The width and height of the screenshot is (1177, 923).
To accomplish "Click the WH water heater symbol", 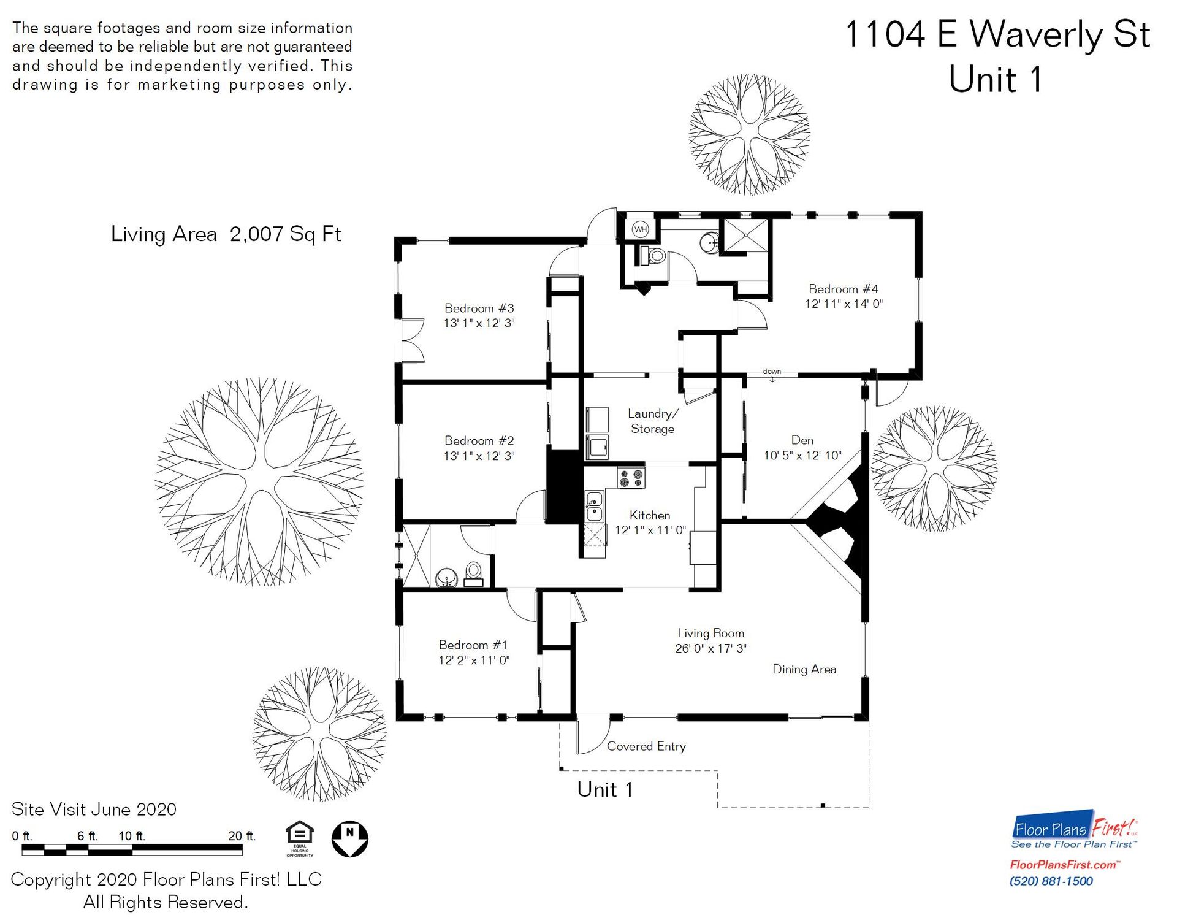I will pyautogui.click(x=640, y=229).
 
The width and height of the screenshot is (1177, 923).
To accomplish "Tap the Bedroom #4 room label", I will pyautogui.click(x=843, y=289).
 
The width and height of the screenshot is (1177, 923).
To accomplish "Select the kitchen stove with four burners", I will pyautogui.click(x=631, y=478).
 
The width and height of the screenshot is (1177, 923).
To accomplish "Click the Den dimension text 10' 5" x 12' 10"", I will pyautogui.click(x=802, y=456).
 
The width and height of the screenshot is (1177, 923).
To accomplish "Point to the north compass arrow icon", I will pyautogui.click(x=349, y=839).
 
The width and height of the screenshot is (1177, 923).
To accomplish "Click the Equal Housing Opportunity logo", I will pyautogui.click(x=300, y=838).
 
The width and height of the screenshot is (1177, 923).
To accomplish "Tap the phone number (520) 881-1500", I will pyautogui.click(x=1051, y=881).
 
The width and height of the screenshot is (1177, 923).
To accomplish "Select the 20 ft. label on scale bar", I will pyautogui.click(x=242, y=836).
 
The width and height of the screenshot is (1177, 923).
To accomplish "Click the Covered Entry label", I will pyautogui.click(x=646, y=746).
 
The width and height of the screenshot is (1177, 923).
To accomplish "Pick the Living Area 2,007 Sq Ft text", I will pyautogui.click(x=226, y=234).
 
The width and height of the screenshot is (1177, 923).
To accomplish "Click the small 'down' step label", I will pyautogui.click(x=772, y=372).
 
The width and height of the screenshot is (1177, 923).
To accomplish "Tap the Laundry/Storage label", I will pyautogui.click(x=652, y=421).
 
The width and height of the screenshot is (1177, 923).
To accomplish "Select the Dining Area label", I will pyautogui.click(x=804, y=669).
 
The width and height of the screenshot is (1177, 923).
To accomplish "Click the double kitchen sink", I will pyautogui.click(x=593, y=507).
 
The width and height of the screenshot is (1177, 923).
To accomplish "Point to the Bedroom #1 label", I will pyautogui.click(x=473, y=645).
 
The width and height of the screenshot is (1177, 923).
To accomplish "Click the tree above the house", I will pyautogui.click(x=749, y=134).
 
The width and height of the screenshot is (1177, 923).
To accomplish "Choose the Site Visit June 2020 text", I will pyautogui.click(x=94, y=810).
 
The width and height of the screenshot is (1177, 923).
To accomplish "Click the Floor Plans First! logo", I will pyautogui.click(x=1074, y=830).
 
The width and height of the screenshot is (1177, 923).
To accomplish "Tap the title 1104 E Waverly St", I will pyautogui.click(x=997, y=34).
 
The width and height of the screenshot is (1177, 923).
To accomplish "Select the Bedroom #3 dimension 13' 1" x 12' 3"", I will pyautogui.click(x=479, y=323).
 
